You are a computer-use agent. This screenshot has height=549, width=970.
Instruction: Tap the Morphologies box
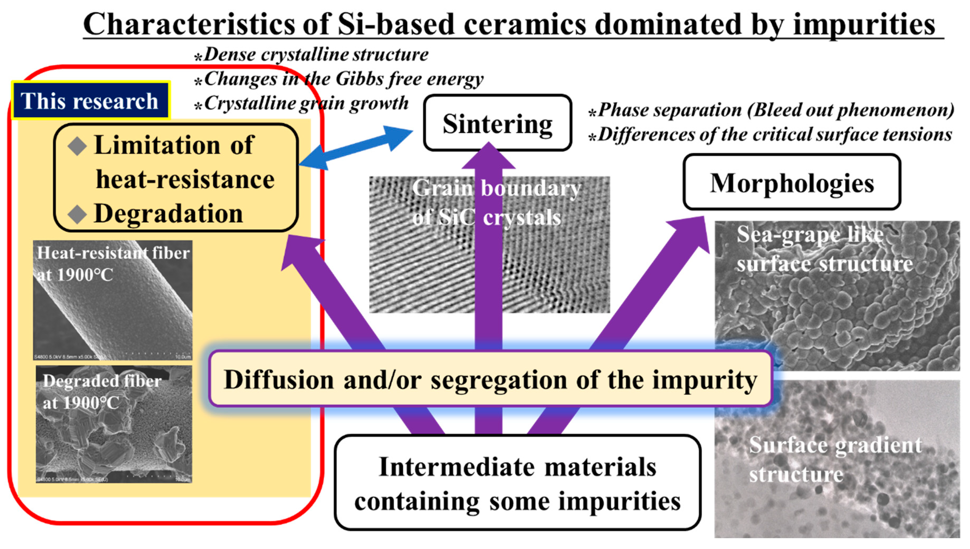click(792, 182)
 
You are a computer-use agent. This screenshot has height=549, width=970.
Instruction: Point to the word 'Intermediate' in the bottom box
click(459, 467)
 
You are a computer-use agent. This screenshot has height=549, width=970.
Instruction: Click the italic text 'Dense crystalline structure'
click(316, 55)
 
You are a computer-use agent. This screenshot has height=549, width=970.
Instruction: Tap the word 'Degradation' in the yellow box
click(169, 214)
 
